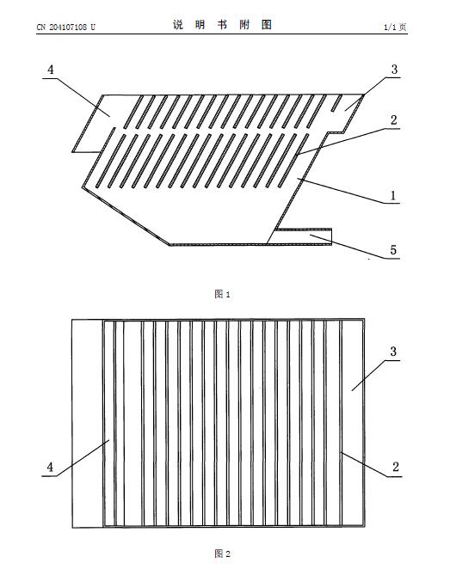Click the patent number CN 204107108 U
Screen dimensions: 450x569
coord(65,27)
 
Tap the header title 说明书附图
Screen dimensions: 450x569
coord(222,25)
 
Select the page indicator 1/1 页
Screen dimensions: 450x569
coord(395,28)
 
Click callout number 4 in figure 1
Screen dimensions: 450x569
coord(51,70)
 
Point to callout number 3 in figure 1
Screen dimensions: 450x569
coord(394,70)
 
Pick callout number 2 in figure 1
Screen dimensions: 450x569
coord(394,120)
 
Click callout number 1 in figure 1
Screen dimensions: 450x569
coord(393,196)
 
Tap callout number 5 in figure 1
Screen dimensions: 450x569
coord(393,250)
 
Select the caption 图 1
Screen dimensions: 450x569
coord(222,294)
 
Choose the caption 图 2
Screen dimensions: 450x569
coord(222,554)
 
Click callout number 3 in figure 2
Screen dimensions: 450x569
coord(393,352)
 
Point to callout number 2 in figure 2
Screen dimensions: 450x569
coord(396,467)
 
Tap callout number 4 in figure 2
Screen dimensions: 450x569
coord(50,467)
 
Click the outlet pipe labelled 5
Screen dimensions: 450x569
coord(303,236)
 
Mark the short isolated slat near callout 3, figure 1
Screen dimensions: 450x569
coord(336,103)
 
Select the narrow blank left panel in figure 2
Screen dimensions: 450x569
coord(88,424)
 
